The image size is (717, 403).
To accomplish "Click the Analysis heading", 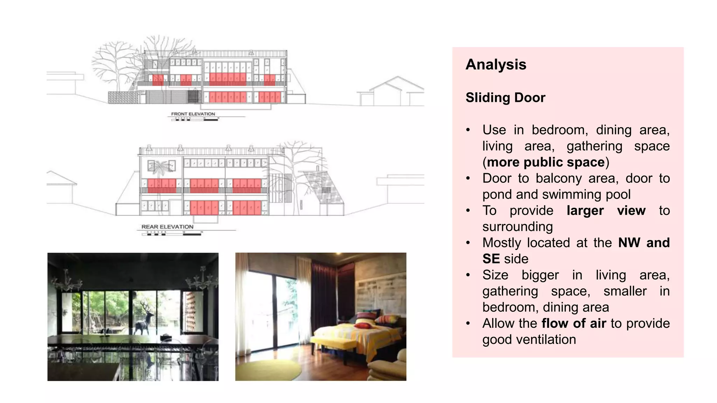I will (x=496, y=65).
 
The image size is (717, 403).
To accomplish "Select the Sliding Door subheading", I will (x=505, y=98).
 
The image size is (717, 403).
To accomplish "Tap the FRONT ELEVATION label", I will (x=193, y=114).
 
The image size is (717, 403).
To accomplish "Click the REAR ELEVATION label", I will (x=167, y=227).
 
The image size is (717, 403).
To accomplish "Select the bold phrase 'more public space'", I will (x=546, y=162).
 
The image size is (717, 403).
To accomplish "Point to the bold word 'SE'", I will (x=491, y=259).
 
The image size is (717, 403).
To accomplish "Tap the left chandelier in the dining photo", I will (x=67, y=281).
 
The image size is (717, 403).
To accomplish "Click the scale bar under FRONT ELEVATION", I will (x=195, y=120).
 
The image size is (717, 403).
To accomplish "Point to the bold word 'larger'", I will (x=585, y=211).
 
